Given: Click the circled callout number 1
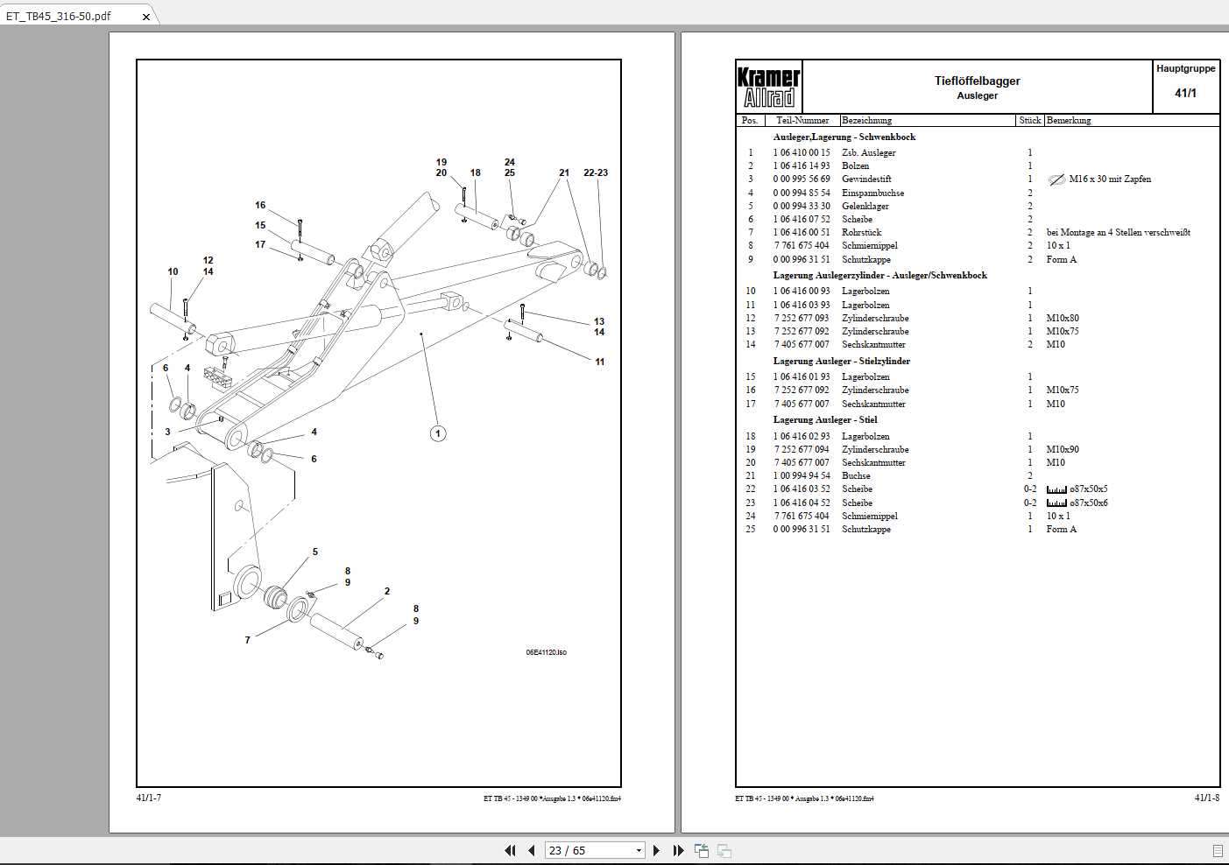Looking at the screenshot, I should click(438, 433).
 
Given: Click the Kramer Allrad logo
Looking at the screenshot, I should click(768, 87).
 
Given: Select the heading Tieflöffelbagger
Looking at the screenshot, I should click(977, 81).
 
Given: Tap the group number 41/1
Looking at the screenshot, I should click(1185, 93).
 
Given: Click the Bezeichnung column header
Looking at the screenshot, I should click(866, 120).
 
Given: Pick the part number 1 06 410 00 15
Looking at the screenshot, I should click(801, 152).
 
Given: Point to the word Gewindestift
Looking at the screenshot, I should click(866, 179).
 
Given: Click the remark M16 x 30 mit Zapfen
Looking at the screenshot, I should click(1110, 179).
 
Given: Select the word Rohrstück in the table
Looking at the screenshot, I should click(861, 233).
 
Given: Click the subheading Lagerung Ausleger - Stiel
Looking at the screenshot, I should click(824, 420).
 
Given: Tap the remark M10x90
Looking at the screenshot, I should click(1062, 450).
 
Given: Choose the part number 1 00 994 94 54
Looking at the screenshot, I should click(801, 476).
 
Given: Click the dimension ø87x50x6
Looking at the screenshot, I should click(1088, 503).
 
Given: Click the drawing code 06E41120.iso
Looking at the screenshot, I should click(546, 652).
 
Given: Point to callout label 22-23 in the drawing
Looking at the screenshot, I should click(596, 172).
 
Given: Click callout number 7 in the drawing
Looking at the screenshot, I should click(247, 640).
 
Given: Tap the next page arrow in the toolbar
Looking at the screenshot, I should click(657, 850).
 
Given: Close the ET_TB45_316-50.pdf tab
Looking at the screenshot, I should click(146, 17).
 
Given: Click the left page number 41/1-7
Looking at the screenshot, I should click(149, 798).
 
